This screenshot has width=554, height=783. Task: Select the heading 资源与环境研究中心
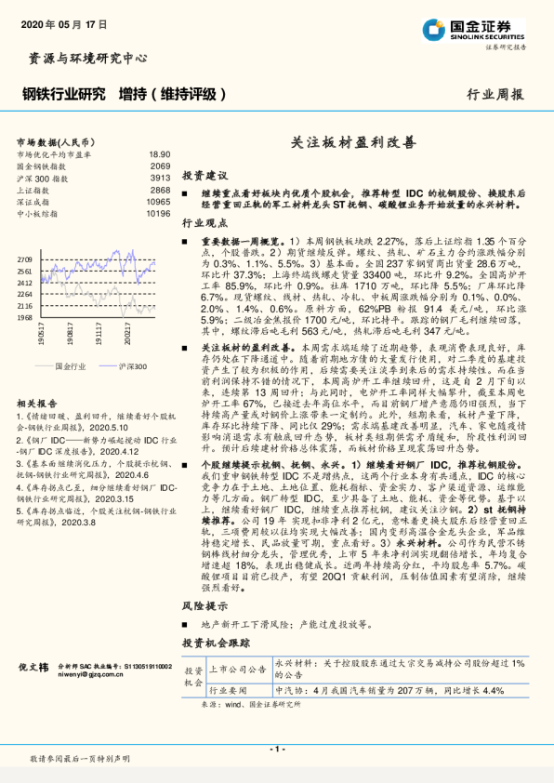tap(83, 58)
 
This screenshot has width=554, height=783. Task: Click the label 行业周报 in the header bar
tap(495, 94)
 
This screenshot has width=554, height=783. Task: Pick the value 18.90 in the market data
tap(159, 153)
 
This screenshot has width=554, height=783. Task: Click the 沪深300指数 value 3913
tap(160, 178)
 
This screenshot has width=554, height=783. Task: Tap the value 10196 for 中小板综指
tap(158, 214)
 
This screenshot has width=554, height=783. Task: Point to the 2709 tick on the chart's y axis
tap(26, 259)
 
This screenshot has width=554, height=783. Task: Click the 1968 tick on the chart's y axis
tap(26, 317)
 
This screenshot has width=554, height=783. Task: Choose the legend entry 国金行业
tap(71, 366)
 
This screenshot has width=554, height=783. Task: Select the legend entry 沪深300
tap(133, 366)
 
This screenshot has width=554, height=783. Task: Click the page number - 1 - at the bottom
tap(276, 749)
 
